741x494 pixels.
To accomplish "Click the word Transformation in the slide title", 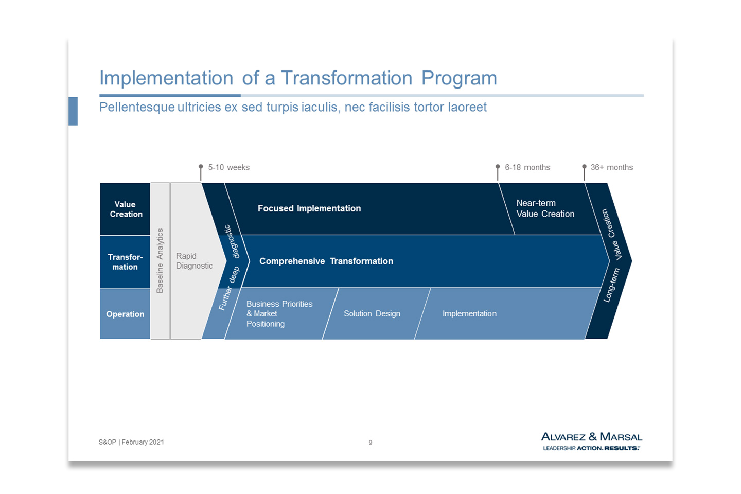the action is pyautogui.click(x=347, y=78).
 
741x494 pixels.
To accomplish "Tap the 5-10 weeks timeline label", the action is pyautogui.click(x=228, y=167).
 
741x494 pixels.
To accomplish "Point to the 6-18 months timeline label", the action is pyautogui.click(x=527, y=167).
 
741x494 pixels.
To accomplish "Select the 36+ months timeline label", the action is pyautogui.click(x=612, y=167).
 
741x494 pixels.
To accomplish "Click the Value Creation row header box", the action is pyautogui.click(x=125, y=209).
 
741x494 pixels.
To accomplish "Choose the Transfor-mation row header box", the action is pyautogui.click(x=125, y=262).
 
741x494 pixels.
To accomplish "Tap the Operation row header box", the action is pyautogui.click(x=125, y=314).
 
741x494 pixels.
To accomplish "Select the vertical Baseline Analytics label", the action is pyautogui.click(x=160, y=261).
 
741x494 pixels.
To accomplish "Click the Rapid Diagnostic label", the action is pyautogui.click(x=194, y=261).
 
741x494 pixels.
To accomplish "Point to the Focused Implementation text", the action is pyautogui.click(x=309, y=208).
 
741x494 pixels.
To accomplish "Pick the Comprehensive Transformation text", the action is pyautogui.click(x=326, y=261).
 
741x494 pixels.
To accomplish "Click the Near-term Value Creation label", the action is pyautogui.click(x=545, y=208).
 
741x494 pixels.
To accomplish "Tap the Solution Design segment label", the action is pyautogui.click(x=372, y=314).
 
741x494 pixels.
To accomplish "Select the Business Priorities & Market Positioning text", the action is pyautogui.click(x=279, y=314).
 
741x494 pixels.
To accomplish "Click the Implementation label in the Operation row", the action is pyautogui.click(x=469, y=314).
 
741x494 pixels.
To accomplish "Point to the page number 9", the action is pyautogui.click(x=370, y=443).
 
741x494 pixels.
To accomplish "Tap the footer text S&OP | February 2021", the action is pyautogui.click(x=131, y=442).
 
